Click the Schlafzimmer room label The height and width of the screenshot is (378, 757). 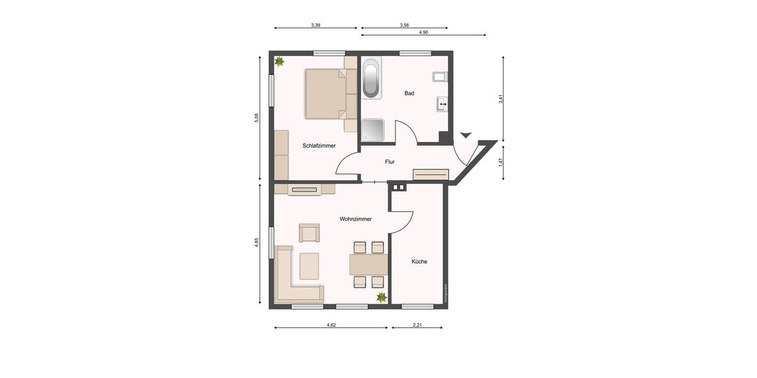[319, 146]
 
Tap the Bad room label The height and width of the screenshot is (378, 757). [409, 93]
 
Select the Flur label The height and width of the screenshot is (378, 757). [390, 162]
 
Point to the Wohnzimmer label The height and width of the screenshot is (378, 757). [355, 219]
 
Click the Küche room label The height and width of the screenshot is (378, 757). [420, 261]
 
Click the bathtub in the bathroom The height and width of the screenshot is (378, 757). [372, 78]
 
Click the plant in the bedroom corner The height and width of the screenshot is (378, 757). [279, 62]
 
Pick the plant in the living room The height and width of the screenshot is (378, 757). [381, 297]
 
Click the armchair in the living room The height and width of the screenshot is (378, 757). [309, 232]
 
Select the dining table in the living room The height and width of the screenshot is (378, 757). [368, 264]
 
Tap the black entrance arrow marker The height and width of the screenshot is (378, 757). [466, 135]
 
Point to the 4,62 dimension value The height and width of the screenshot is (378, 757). [331, 324]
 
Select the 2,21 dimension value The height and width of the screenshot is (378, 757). [417, 324]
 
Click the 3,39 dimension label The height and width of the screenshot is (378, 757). [315, 25]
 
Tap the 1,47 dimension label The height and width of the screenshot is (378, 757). [501, 161]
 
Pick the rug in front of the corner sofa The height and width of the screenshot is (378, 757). [309, 265]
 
